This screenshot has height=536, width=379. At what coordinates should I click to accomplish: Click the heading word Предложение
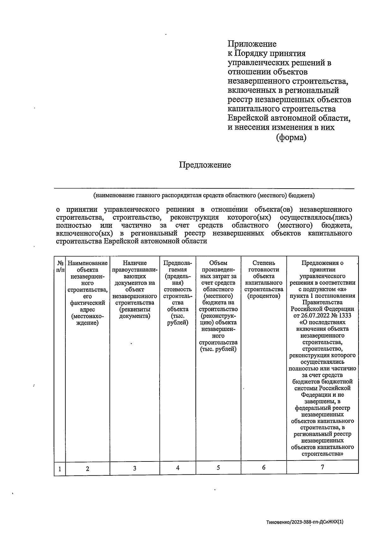pyautogui.click(x=205, y=165)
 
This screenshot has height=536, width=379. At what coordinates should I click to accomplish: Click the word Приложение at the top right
pyautogui.click(x=252, y=44)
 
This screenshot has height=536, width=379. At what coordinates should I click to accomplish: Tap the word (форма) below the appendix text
pyautogui.click(x=291, y=138)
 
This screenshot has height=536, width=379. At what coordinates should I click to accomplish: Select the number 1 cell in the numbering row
pyautogui.click(x=60, y=469)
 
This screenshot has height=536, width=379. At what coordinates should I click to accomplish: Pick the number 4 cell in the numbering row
pyautogui.click(x=178, y=468)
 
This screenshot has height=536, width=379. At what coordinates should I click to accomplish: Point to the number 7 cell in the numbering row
pyautogui.click(x=322, y=467)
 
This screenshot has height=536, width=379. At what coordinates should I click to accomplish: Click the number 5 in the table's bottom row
pyautogui.click(x=218, y=468)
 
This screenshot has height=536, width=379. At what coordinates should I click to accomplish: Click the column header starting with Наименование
pyautogui.click(x=87, y=263)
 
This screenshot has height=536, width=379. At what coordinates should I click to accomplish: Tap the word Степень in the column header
pyautogui.click(x=264, y=263)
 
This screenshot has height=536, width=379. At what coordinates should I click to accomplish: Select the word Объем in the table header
pyautogui.click(x=218, y=263)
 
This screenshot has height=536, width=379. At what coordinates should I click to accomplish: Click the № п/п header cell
pyautogui.click(x=60, y=266)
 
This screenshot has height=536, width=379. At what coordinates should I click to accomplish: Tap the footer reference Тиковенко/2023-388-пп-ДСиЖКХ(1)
pyautogui.click(x=304, y=522)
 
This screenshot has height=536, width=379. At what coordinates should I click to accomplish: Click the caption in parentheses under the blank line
pyautogui.click(x=204, y=196)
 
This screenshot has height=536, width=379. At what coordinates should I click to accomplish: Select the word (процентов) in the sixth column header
pyautogui.click(x=264, y=296)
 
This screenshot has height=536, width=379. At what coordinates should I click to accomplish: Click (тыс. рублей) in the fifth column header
pyautogui.click(x=218, y=349)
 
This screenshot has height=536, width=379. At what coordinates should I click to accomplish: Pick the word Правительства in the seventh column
pyautogui.click(x=322, y=302)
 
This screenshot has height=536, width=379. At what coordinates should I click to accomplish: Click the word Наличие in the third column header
pyautogui.click(x=135, y=263)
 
